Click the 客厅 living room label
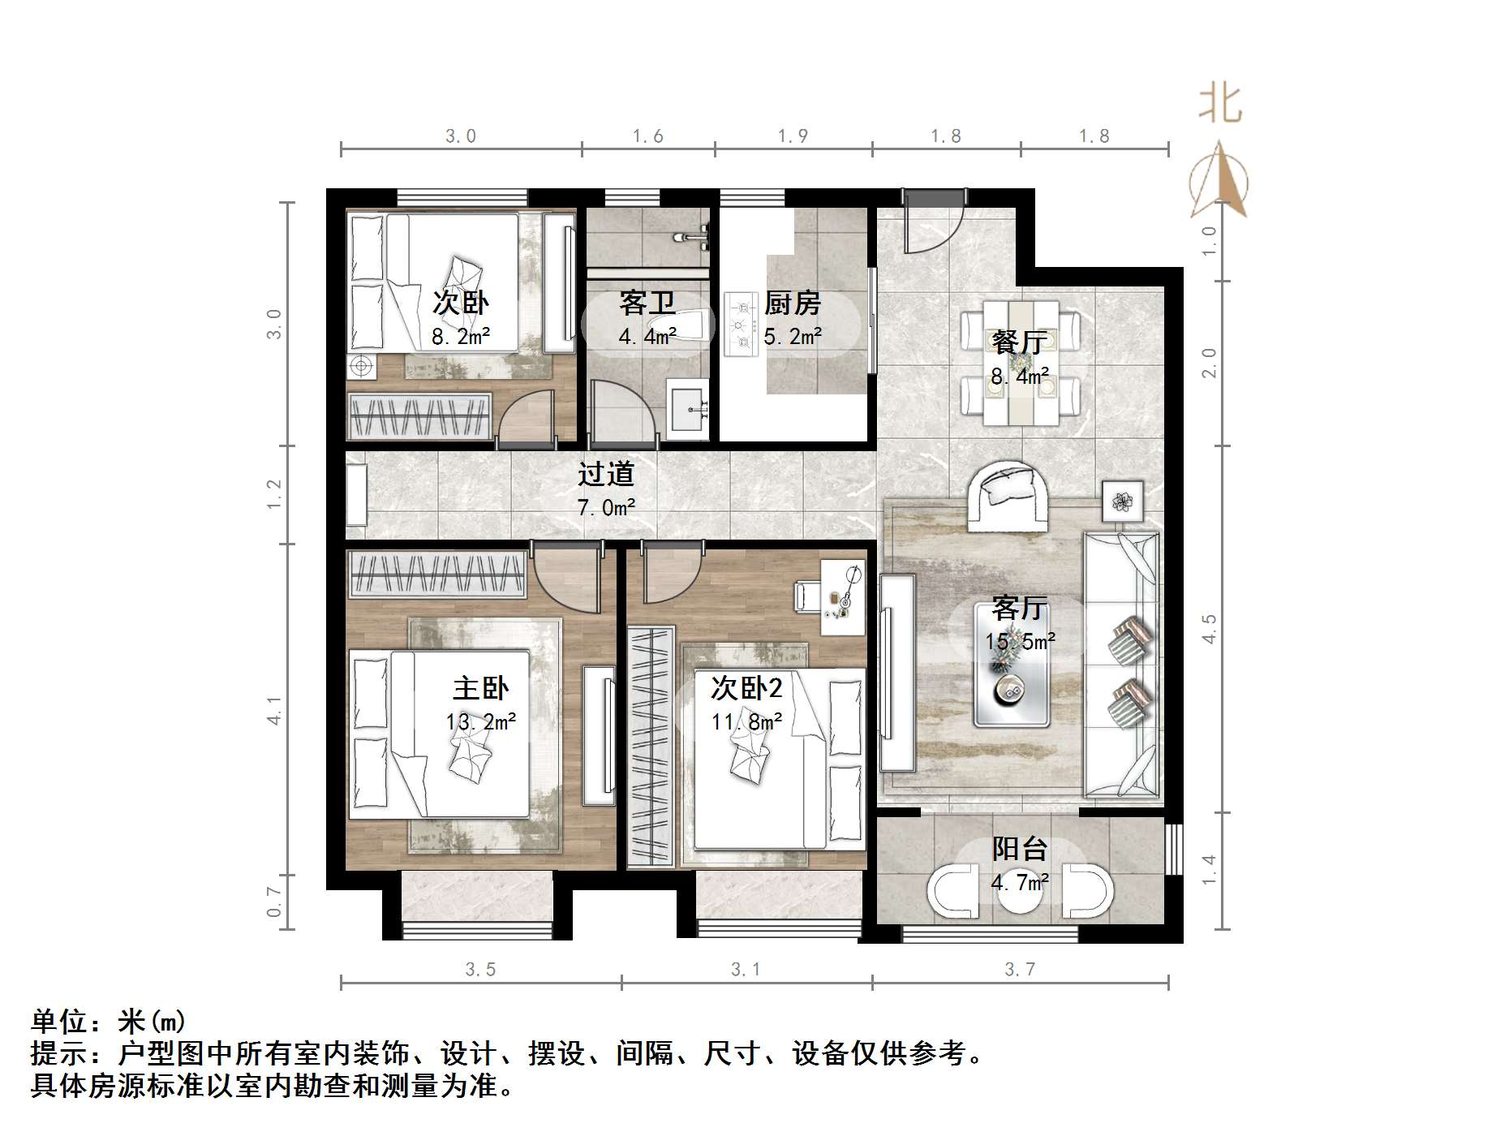(1020, 608)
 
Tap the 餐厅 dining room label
(1020, 342)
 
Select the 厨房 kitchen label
(793, 303)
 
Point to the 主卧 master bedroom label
(480, 689)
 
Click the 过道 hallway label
(605, 474)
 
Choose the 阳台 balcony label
(1020, 850)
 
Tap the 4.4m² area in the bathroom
(647, 335)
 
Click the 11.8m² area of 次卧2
(746, 721)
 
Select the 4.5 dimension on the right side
(1210, 629)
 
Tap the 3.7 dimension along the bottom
(1020, 969)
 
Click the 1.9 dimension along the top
(793, 136)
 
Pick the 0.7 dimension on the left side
(275, 902)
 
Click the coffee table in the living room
(1012, 687)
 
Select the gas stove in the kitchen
(740, 325)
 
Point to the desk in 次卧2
(841, 596)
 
